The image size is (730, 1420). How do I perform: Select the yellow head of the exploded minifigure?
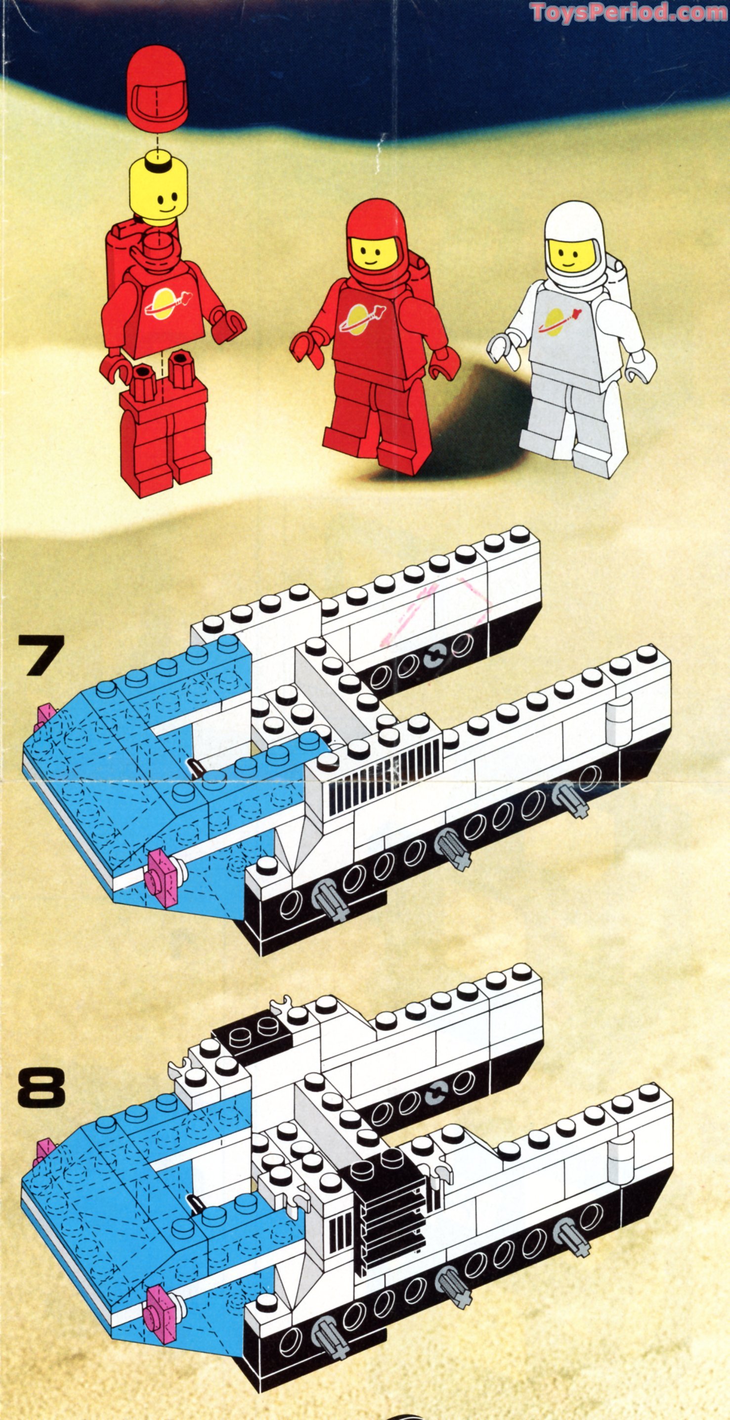158,190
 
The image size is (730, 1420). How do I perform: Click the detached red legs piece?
165,430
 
